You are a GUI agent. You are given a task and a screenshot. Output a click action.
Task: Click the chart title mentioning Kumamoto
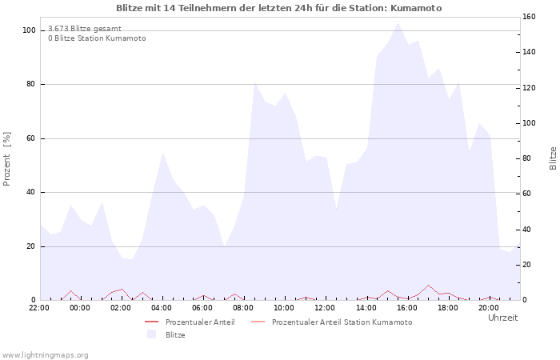(x=278, y=8)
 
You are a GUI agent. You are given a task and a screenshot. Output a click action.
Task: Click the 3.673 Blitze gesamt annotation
(x=85, y=28)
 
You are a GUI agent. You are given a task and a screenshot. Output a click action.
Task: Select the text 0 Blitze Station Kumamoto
(x=97, y=38)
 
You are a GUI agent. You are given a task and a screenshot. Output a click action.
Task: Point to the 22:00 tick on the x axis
(x=39, y=307)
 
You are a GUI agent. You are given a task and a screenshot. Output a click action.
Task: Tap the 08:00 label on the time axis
(x=243, y=307)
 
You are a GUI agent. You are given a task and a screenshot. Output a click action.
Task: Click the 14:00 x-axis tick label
(x=366, y=307)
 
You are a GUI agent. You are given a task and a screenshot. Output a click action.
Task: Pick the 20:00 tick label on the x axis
(x=488, y=307)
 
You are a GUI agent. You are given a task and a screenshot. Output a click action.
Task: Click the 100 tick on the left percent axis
(x=29, y=30)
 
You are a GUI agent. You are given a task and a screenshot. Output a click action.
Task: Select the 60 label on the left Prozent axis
(x=31, y=138)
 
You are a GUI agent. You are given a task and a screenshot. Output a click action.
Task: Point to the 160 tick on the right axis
(x=529, y=17)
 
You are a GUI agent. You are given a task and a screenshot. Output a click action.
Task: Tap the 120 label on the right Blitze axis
(x=529, y=88)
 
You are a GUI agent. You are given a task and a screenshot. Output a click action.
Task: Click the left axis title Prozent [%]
(x=7, y=158)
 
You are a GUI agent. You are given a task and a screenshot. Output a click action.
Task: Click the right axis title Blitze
(x=553, y=158)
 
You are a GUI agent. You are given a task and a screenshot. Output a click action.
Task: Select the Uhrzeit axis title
(x=502, y=318)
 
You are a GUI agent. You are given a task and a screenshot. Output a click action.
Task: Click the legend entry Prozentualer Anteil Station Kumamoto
(x=342, y=322)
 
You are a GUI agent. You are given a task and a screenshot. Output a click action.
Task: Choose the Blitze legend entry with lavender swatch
(x=174, y=334)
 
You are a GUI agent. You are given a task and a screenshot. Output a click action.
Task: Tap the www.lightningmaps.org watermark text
(x=45, y=354)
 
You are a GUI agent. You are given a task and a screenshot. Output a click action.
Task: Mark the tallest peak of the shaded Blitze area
(x=398, y=23)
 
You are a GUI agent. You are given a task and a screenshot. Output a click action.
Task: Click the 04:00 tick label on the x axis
(x=162, y=307)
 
